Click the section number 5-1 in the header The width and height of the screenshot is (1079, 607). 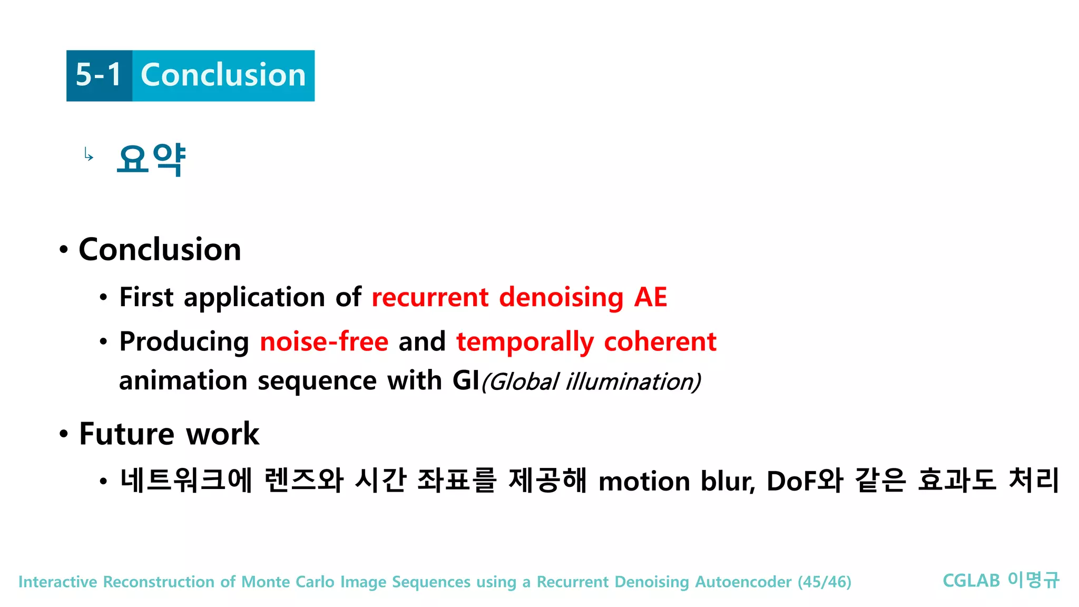99,75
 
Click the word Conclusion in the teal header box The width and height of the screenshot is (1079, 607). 223,75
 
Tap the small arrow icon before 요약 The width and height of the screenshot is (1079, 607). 89,155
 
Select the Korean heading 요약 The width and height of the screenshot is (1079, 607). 151,159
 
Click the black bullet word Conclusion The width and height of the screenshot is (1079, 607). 160,249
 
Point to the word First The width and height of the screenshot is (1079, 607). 146,297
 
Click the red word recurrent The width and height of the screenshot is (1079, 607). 430,297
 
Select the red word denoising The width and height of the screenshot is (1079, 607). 561,298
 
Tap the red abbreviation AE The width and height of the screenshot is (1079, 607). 651,297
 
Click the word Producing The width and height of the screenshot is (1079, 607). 184,342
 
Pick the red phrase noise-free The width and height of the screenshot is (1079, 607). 324,341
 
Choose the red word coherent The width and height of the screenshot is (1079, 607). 660,341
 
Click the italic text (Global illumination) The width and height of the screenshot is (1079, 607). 591,381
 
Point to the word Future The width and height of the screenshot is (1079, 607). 126,434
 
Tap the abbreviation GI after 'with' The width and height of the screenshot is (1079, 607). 466,380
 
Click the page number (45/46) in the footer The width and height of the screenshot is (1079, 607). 824,582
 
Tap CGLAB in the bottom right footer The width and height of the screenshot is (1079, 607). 970,581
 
